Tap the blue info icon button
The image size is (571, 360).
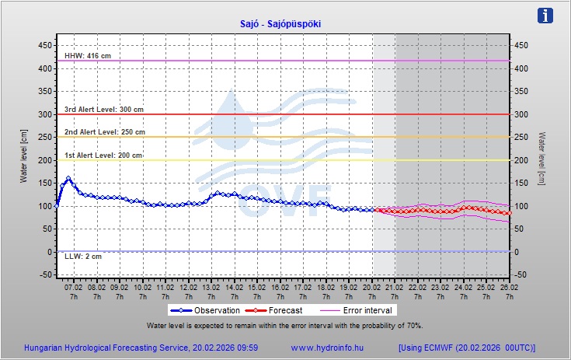point(546,16)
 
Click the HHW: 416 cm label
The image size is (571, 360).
point(88,56)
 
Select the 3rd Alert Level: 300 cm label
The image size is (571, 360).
point(103,110)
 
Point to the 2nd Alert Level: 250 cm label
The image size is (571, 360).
point(104,132)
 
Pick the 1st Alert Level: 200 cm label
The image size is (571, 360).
point(103,156)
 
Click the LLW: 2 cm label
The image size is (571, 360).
point(82,257)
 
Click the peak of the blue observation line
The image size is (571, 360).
point(68,179)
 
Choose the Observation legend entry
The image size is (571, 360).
point(202,310)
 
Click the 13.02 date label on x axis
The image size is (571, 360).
point(210,287)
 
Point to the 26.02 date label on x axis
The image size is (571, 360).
point(508,287)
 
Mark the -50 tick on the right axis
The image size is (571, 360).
point(522,275)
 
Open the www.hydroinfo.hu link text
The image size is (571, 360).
point(328,348)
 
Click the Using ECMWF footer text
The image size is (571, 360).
point(467,348)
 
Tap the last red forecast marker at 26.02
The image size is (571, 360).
point(509,213)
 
